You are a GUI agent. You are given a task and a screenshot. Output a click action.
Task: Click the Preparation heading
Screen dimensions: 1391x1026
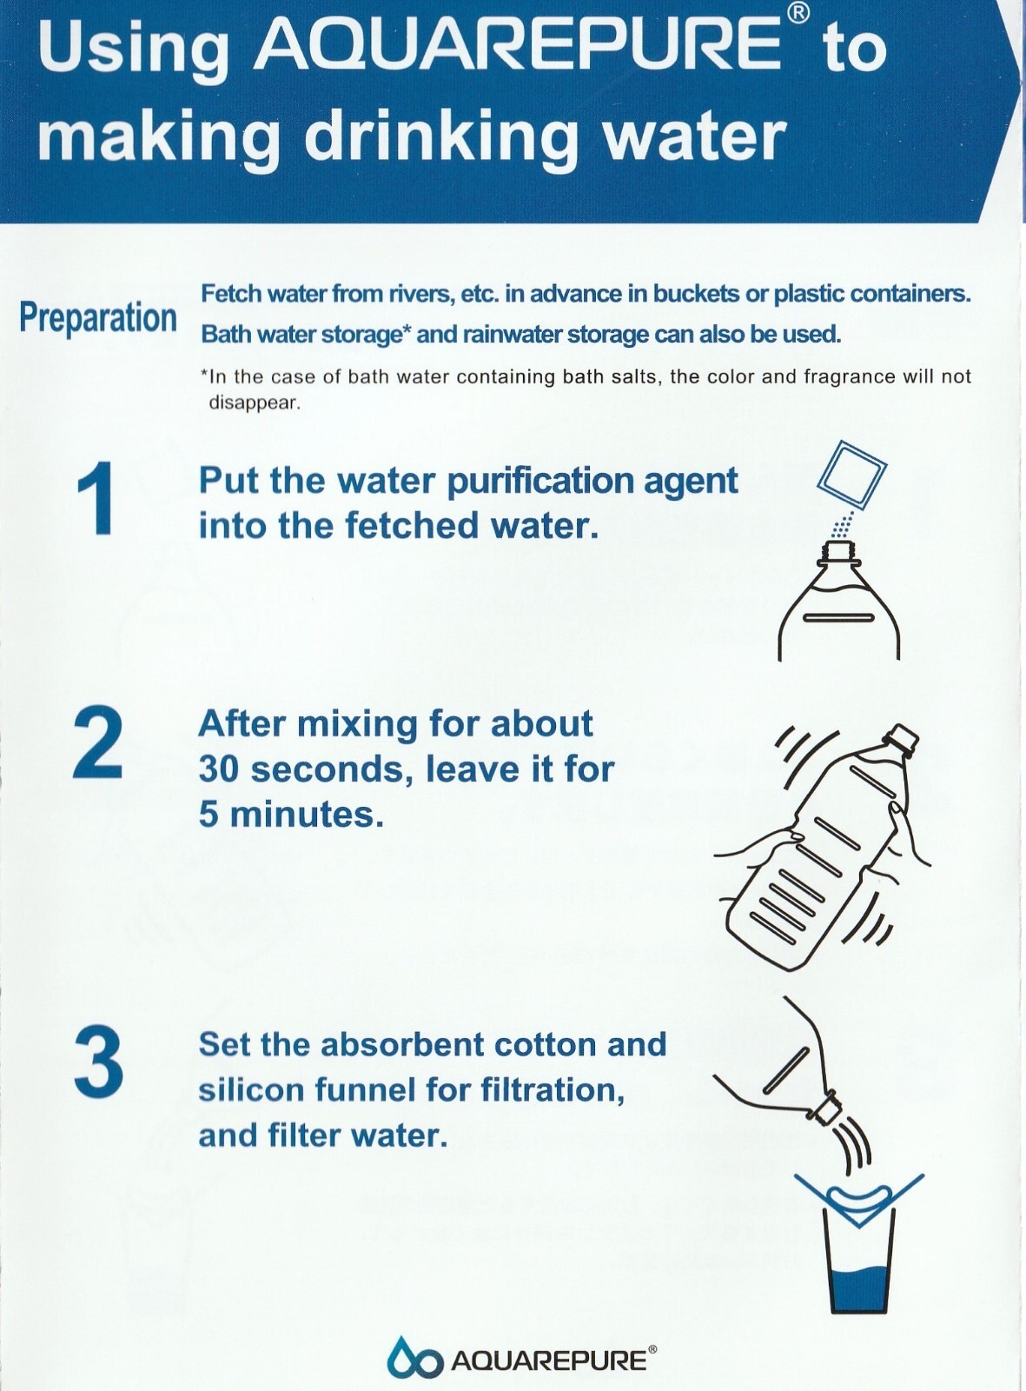98,318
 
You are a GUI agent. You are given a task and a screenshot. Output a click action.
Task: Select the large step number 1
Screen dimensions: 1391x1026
96,500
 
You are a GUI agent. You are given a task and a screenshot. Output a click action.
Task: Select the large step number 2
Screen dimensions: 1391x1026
96,744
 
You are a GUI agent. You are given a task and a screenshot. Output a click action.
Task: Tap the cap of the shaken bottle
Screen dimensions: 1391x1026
902,738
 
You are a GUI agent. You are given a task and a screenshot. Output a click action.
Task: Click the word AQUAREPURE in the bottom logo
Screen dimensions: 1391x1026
549,1360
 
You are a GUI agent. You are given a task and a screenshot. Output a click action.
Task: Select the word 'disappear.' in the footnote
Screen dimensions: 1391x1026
255,403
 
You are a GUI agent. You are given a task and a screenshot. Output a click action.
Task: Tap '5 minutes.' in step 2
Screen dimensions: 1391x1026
291,814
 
